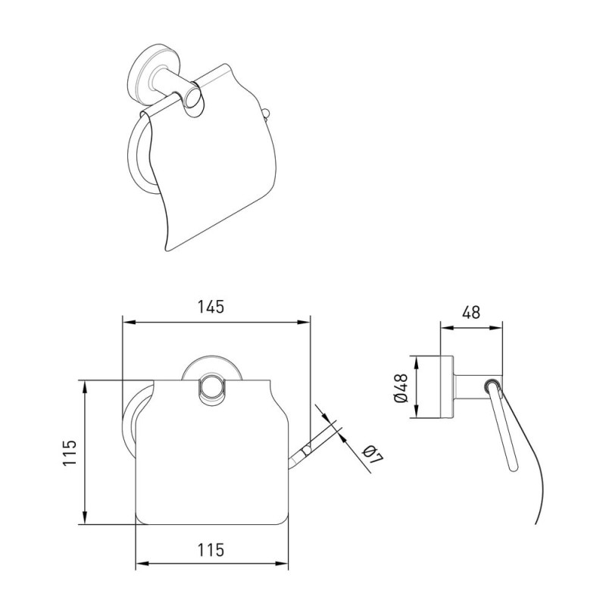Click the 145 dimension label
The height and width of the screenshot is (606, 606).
211,307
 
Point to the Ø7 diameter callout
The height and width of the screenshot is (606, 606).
373,455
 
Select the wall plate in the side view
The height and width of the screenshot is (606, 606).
447,386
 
